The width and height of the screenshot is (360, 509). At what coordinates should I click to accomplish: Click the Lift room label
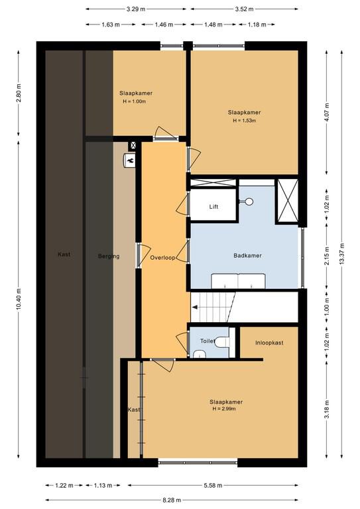click(213, 207)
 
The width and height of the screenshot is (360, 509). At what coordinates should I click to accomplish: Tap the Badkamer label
click(247, 255)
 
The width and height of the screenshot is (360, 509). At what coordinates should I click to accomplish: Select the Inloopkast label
click(269, 343)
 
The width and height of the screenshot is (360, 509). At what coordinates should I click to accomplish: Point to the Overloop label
click(162, 258)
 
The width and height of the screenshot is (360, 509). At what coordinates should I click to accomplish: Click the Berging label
click(109, 256)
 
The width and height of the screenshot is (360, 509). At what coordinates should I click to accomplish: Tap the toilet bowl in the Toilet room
click(223, 342)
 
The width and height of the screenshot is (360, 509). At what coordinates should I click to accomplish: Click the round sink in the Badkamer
click(249, 201)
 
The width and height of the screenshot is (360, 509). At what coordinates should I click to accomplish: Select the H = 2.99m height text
click(224, 409)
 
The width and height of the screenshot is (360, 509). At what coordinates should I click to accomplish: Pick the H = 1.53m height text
click(245, 121)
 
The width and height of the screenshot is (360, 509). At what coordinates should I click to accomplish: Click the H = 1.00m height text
click(134, 101)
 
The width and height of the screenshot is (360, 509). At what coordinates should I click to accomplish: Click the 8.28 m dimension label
click(172, 500)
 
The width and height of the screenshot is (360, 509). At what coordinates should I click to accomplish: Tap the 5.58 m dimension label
click(213, 485)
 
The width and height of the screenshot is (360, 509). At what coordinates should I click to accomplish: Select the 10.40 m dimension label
click(19, 299)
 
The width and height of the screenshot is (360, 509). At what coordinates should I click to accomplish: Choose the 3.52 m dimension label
click(244, 9)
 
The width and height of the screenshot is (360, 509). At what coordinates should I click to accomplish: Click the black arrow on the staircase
click(195, 307)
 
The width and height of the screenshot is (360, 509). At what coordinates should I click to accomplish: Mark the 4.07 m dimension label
click(327, 112)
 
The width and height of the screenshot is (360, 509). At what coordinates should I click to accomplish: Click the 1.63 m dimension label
click(110, 25)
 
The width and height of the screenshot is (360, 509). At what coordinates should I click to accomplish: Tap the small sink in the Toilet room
click(200, 354)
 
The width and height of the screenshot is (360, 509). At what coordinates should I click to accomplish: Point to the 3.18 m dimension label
click(327, 409)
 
